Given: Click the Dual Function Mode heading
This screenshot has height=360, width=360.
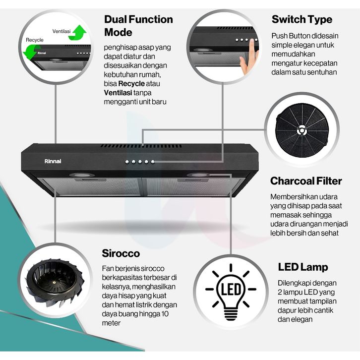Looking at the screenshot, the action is pyautogui.click(x=138, y=26).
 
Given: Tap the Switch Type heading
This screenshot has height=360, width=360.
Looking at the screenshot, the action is pyautogui.click(x=301, y=20).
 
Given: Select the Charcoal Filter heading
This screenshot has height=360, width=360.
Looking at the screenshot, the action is pyautogui.click(x=306, y=180).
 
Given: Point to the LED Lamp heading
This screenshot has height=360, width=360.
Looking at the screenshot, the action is pyautogui.click(x=302, y=267).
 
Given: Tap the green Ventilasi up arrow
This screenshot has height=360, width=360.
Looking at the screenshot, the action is pyautogui.click(x=78, y=32).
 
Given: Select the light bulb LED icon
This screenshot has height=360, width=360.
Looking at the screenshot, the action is pyautogui.click(x=231, y=290).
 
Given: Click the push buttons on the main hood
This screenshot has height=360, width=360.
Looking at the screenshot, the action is pyautogui.click(x=140, y=162).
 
